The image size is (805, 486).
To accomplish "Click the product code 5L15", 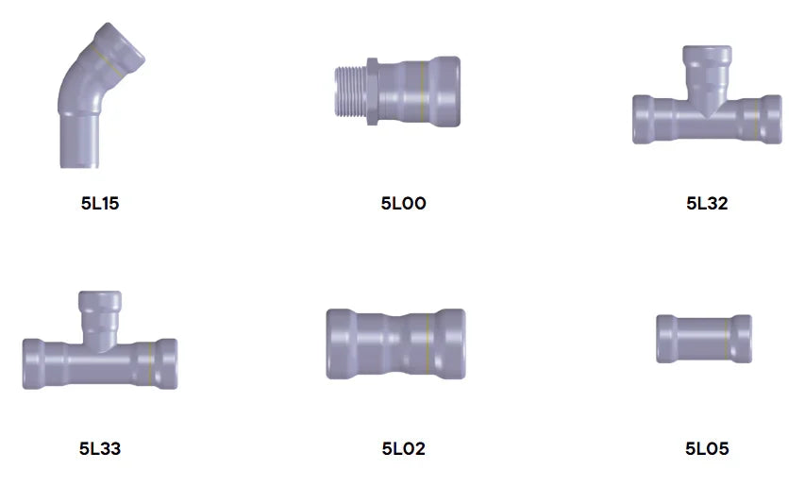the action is (100, 203).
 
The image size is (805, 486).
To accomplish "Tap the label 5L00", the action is (404, 203).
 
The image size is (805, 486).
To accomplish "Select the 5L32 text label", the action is (707, 203).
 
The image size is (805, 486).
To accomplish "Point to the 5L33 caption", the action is (100, 448).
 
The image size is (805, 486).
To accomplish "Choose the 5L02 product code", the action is (404, 448).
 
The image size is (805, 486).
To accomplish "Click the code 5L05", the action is (707, 448).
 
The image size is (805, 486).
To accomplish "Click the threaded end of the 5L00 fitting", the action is (350, 92).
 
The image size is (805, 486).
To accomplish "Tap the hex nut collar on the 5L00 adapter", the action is (372, 92).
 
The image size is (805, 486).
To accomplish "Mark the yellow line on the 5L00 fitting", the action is (422, 92).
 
